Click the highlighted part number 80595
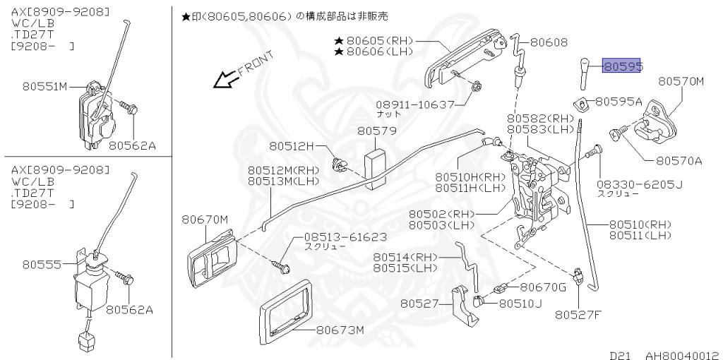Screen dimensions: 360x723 pos(621,66)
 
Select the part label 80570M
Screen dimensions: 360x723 pos(681,81)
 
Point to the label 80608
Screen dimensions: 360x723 pos(549,42)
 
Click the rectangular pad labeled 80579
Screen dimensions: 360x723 pos(377,168)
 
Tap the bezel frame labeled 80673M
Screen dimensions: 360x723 pos(286,311)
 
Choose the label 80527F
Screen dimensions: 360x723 pos(578,314)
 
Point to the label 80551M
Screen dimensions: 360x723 pos(44,87)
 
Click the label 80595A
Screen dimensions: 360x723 pos(619,102)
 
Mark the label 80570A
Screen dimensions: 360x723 pos(679,161)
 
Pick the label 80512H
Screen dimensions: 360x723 pos(290,146)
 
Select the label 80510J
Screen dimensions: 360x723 pos(521,304)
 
